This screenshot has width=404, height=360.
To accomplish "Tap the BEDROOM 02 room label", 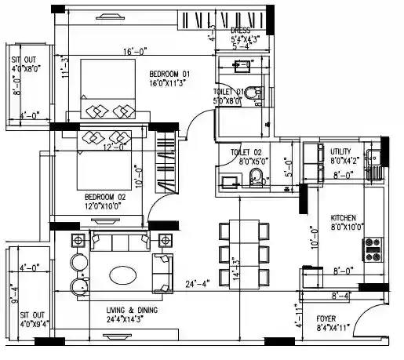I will pos(105,196).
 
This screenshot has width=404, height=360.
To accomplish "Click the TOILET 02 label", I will pos(246,151).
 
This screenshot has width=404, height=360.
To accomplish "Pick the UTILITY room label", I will pos(345,151).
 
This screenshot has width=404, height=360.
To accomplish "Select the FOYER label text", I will pos(326,318).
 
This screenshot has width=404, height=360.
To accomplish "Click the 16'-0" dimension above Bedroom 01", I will pos(134,52).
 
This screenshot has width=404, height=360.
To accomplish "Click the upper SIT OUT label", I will pos(21,63).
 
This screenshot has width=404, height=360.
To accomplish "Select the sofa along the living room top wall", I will pos(121,240).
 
